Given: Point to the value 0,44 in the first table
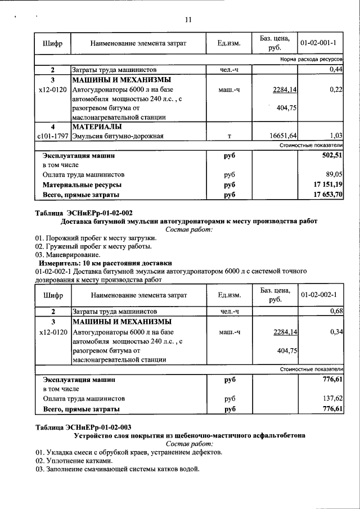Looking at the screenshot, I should [336, 69].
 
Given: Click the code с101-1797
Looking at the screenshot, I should [52, 136].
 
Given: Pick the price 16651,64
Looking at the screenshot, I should [284, 136].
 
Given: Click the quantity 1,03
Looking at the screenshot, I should [336, 136].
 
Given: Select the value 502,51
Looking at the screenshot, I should [332, 155].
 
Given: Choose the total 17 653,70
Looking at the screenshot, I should [328, 195].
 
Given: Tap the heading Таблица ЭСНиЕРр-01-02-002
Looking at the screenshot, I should [84, 213].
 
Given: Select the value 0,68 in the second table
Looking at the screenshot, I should [336, 311].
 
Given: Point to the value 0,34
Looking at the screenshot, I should [336, 332].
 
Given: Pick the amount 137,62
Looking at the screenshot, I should [332, 398].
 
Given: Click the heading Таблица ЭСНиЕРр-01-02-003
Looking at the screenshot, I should [84, 427].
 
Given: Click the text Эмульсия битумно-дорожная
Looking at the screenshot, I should [118, 136].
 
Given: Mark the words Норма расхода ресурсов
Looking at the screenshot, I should [311, 59].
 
